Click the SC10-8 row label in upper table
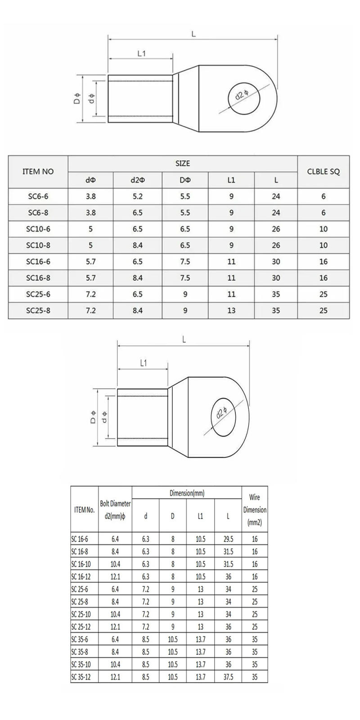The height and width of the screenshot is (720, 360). tap(38, 245)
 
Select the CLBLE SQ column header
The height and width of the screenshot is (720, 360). tap(323, 171)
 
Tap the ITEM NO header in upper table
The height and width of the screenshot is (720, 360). tap(38, 171)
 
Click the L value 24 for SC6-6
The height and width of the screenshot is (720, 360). tap(276, 196)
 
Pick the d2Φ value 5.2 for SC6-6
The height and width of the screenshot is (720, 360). tap(138, 196)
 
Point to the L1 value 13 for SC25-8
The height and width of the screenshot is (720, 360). tap(231, 310)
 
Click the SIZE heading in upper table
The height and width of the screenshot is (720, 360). tap(183, 163)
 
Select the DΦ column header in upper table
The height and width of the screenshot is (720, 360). tap(185, 180)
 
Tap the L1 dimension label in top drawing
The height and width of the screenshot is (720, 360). tap(141, 54)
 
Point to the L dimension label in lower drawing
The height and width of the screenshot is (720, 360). tap(184, 340)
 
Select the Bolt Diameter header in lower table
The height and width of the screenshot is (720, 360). tap(115, 509)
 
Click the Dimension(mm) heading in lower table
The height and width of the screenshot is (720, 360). tap(187, 493)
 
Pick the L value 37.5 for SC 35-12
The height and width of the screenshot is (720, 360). tap(228, 677)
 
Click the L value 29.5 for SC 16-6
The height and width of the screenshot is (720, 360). tap(228, 539)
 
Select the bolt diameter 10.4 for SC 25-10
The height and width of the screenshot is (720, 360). tap(115, 614)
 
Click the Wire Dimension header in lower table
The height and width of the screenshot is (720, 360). tap(255, 509)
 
